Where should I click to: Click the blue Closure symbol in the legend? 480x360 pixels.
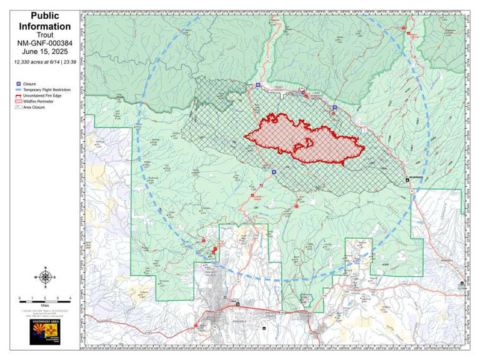[x=19, y=84]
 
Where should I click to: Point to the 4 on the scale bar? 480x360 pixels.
[x=70, y=299]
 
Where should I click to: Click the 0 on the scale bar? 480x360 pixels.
[x=20, y=299]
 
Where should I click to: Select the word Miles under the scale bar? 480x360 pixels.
[x=44, y=303]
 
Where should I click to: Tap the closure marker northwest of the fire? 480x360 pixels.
[x=257, y=85]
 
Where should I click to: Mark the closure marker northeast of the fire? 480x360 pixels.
[x=334, y=107]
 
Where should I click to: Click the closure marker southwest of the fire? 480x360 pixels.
[x=274, y=171]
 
